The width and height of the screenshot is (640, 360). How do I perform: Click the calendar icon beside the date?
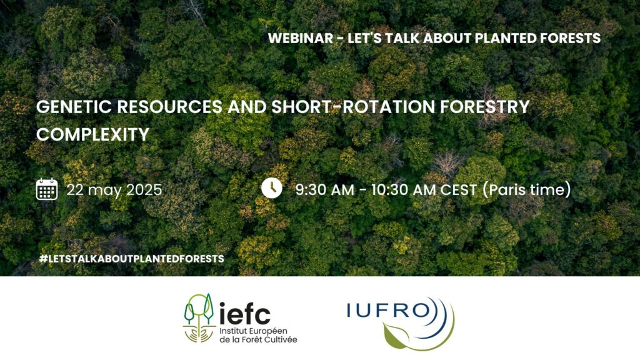[47, 189]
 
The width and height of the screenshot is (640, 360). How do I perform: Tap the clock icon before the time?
[272, 187]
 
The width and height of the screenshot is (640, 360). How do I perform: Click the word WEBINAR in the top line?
[299, 38]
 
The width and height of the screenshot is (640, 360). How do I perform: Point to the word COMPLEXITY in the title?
[93, 135]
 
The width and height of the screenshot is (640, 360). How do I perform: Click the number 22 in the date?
[76, 189]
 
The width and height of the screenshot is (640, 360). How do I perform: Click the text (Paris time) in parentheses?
[527, 189]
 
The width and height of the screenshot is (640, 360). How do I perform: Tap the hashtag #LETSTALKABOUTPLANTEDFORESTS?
[131, 258]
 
